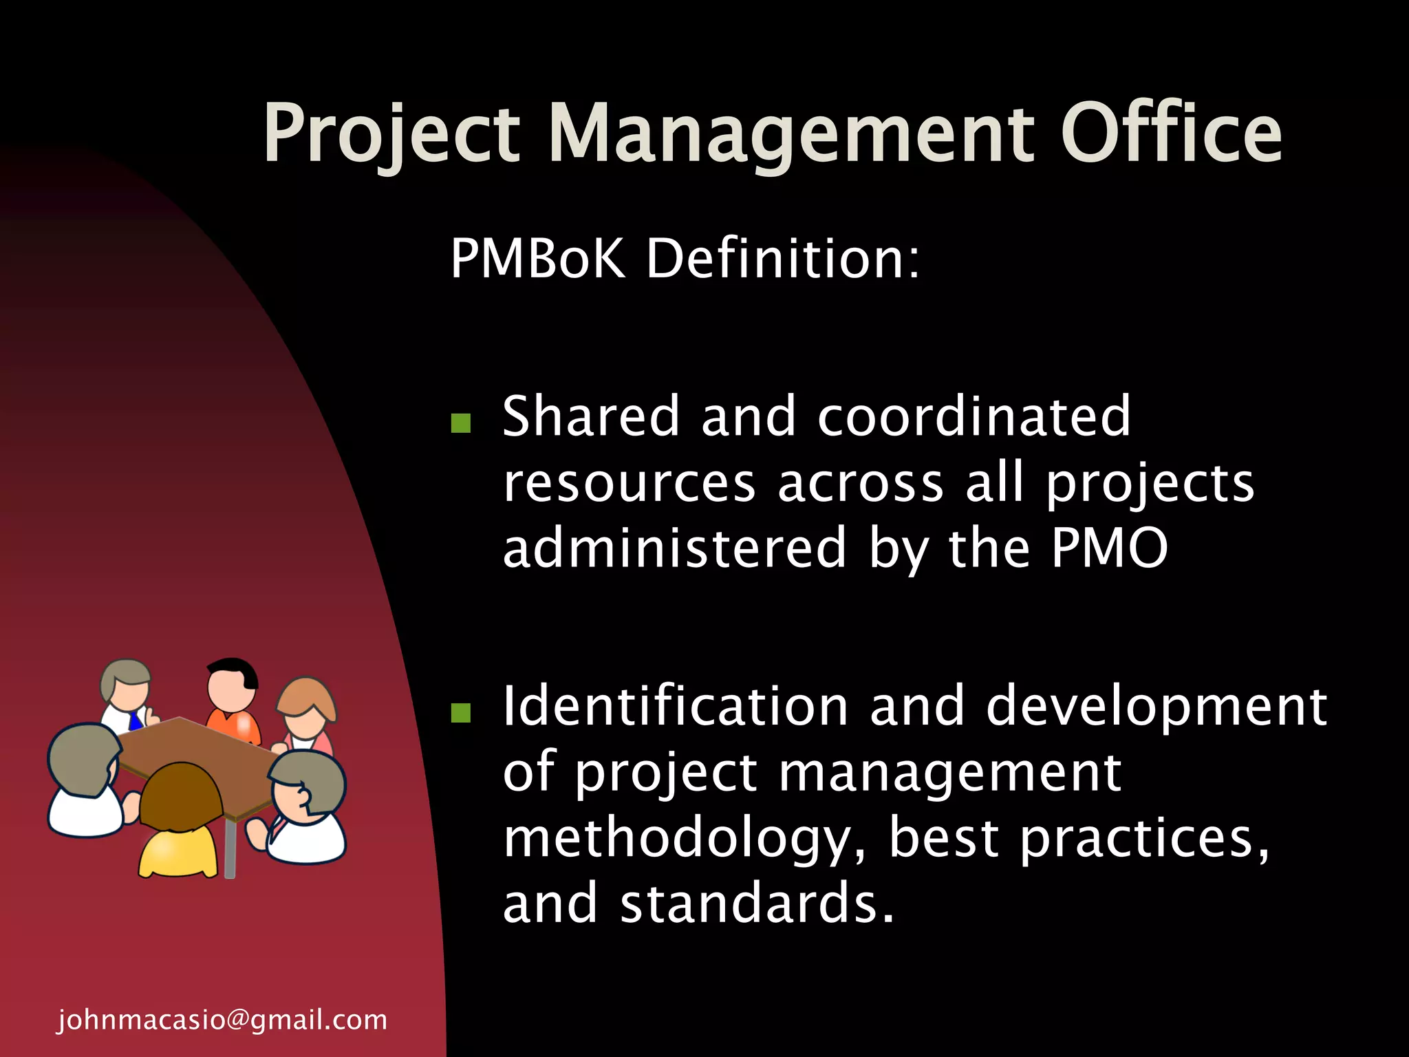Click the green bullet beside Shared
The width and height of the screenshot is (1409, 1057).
coord(460,423)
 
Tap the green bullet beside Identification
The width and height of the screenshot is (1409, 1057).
coord(460,713)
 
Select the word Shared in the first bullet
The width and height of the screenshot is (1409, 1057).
coord(591,417)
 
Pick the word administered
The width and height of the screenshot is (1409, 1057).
coord(674,548)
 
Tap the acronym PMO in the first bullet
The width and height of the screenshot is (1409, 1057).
coord(1109,548)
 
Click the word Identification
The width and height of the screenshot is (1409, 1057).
coord(676,707)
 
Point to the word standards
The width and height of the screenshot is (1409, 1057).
coord(757,904)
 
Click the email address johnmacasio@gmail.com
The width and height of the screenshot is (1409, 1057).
coord(222,1020)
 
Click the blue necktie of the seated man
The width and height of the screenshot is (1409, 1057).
coord(136,723)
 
